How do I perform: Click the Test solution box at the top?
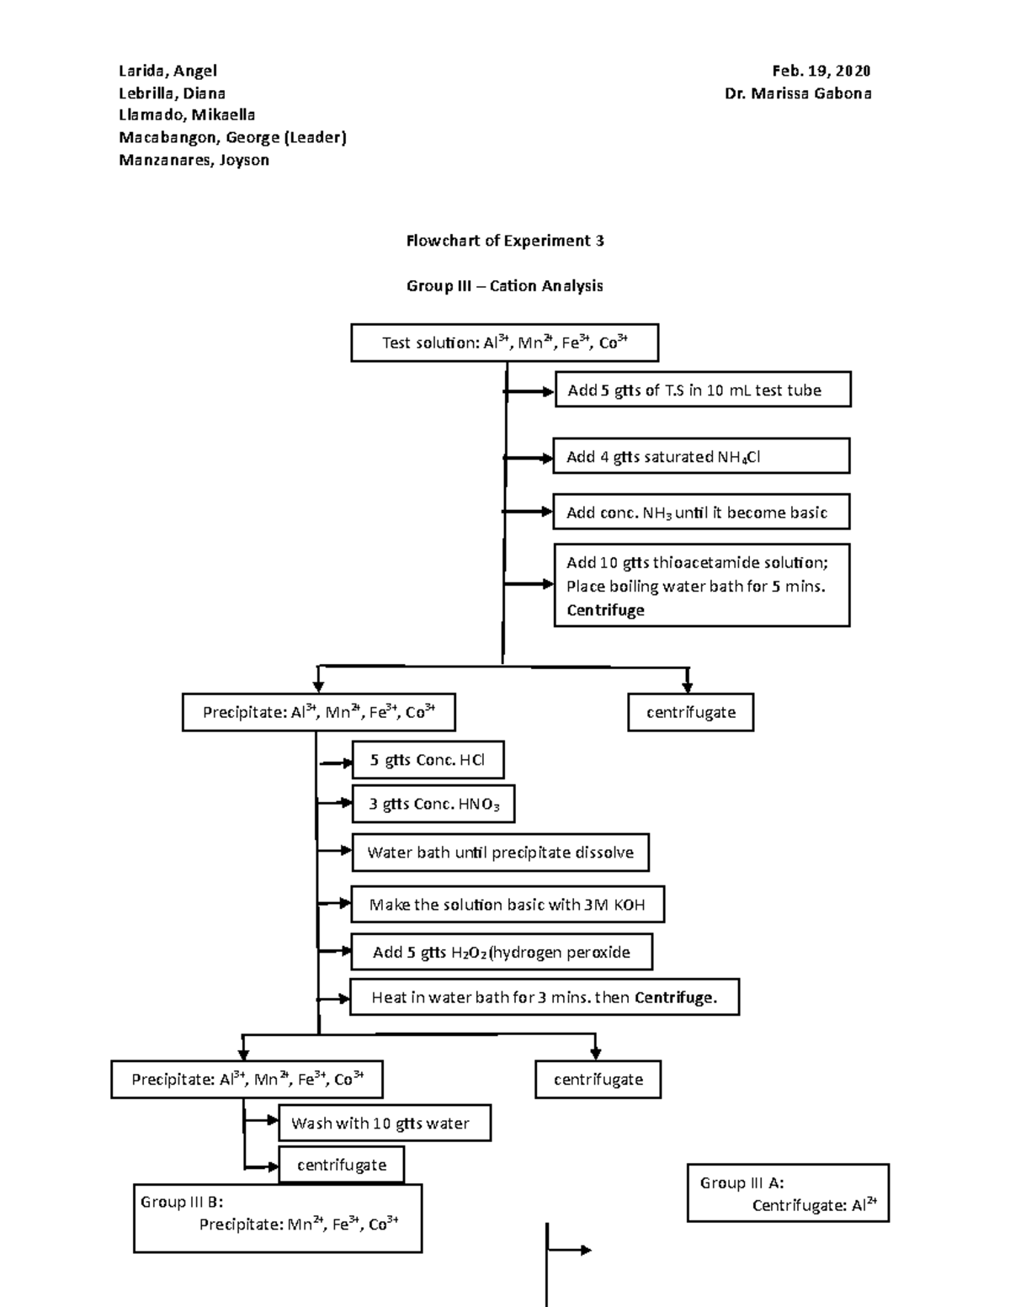pos(504,343)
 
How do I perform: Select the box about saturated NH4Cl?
pos(701,456)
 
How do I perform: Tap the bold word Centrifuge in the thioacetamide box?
pos(605,610)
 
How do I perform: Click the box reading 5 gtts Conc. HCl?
pos(428,760)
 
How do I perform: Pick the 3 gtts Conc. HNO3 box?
pos(433,804)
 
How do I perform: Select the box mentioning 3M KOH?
pos(508,905)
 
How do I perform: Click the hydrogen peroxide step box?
pos(501,952)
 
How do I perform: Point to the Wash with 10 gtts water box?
pos(384,1123)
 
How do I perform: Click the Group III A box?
pos(788,1193)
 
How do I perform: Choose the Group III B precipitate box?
pos(278,1219)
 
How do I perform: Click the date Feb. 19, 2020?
pos(821,71)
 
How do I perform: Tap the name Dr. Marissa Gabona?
pos(797,93)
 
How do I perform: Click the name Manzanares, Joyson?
pos(194,160)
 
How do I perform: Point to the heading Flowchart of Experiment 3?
pos(504,241)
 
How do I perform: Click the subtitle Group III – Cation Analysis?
pos(504,286)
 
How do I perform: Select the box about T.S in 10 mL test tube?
pos(703,390)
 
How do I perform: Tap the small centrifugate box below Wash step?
pos(341,1165)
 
